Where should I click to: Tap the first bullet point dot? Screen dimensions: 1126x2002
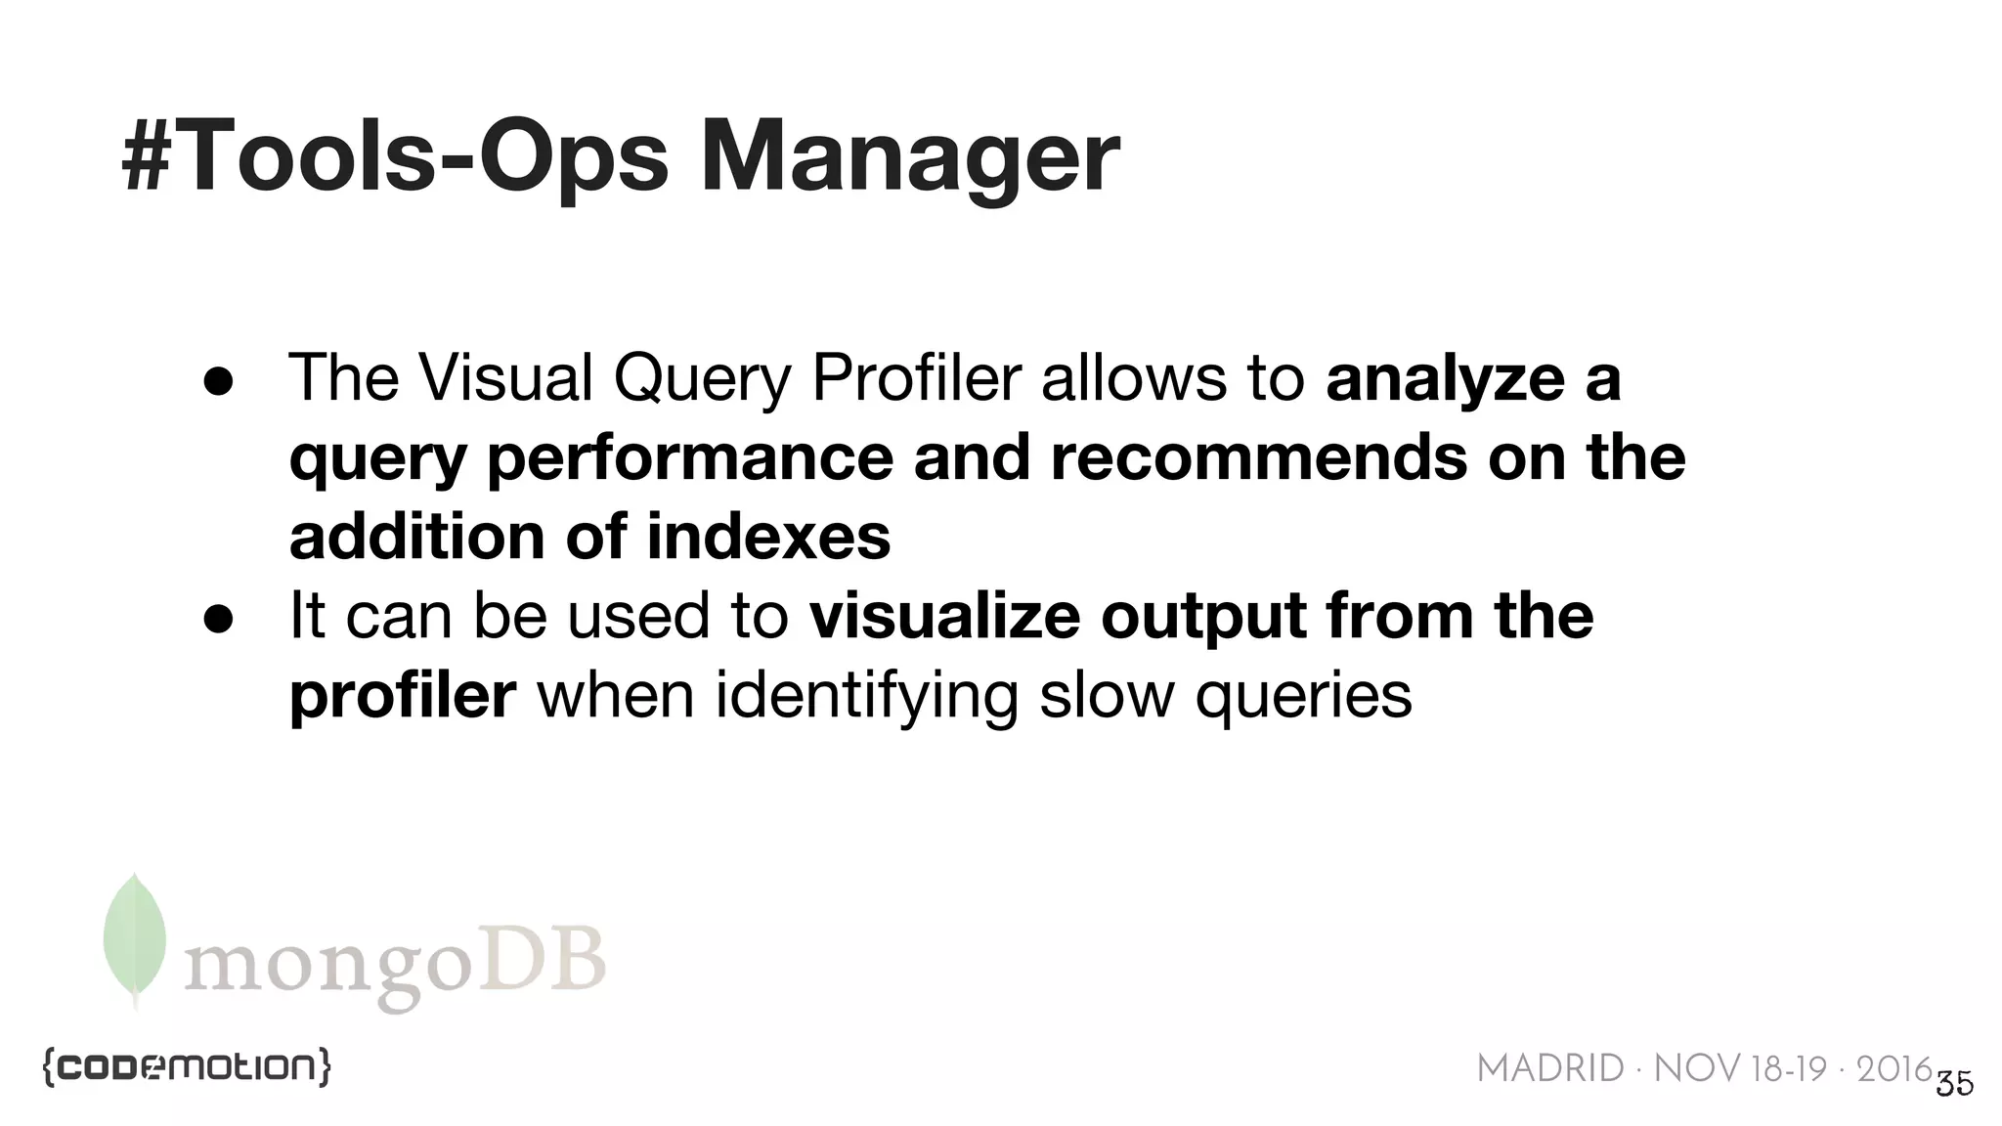[x=218, y=382]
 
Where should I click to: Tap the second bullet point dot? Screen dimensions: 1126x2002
[x=218, y=619]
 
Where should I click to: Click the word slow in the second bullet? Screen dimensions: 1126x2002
[x=1106, y=696]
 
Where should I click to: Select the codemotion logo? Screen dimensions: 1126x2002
[x=186, y=1067]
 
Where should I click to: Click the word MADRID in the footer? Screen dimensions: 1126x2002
[x=1550, y=1069]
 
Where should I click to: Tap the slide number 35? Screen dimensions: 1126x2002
[x=1954, y=1084]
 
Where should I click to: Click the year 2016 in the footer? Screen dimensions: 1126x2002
[x=1893, y=1069]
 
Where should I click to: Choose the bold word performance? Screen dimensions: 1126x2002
[x=689, y=459]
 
